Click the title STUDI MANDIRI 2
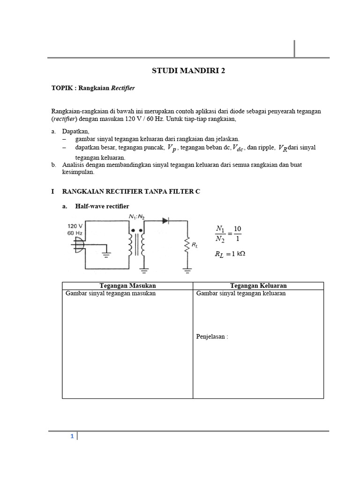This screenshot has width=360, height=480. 185,71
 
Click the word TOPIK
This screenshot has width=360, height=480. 62,88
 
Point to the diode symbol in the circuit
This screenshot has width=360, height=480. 165,219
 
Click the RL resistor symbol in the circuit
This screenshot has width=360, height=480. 187,245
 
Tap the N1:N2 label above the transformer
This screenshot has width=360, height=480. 137,216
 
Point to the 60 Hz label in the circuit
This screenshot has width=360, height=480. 75,232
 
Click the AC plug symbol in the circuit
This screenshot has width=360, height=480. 77,244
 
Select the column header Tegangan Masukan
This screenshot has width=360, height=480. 127,285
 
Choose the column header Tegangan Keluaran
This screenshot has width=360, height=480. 258,285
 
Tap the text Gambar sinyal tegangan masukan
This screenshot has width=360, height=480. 111,293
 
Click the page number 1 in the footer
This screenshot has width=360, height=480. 72,436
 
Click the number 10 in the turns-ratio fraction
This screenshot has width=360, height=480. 237,229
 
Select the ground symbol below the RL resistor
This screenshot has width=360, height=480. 187,270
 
